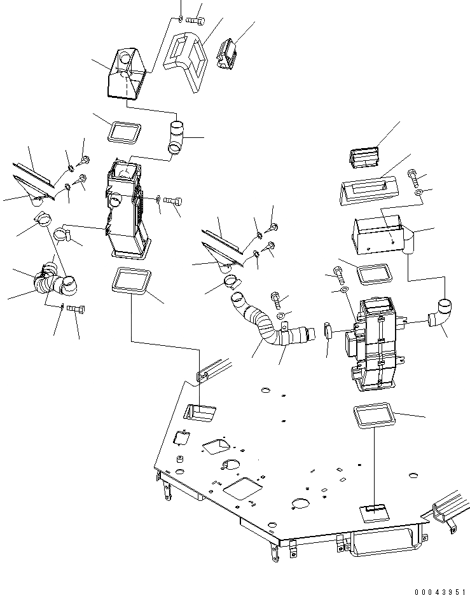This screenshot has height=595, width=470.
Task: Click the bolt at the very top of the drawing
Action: point(194,20)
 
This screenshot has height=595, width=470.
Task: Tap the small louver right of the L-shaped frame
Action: point(226,53)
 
